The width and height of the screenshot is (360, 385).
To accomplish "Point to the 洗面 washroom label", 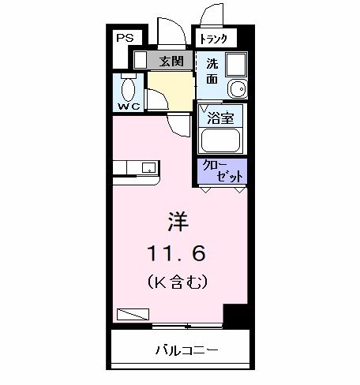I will (212, 71).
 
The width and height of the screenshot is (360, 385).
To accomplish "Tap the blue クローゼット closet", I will (221, 170).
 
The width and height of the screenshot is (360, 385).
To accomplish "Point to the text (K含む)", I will (175, 280).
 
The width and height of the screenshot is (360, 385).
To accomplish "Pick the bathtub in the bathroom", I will (221, 140).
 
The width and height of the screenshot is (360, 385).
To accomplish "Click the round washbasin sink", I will (234, 88).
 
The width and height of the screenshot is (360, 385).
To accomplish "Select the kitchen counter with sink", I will (136, 168).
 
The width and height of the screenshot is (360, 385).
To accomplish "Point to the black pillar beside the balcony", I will (235, 316).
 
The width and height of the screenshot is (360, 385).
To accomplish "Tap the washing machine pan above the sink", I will (234, 64).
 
